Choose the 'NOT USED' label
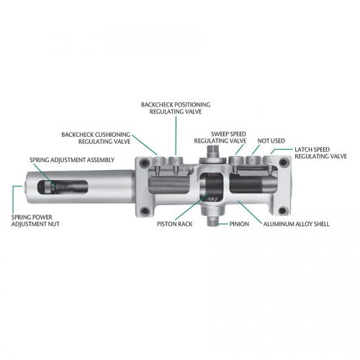point(270,140)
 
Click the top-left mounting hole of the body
point(144,164)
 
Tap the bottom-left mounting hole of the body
point(145,212)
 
